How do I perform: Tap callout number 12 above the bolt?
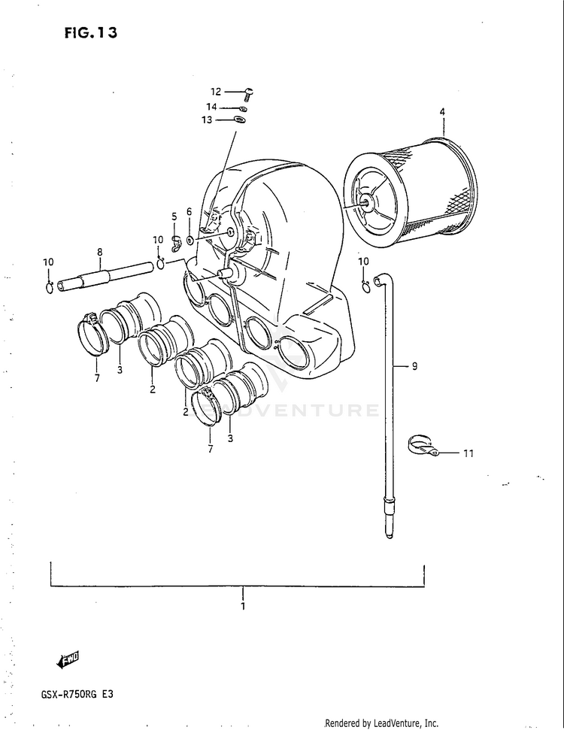point(216,92)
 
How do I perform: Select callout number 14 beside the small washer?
point(211,107)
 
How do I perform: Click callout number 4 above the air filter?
point(442,112)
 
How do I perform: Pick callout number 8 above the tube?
point(99,252)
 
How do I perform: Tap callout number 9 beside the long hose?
point(414,366)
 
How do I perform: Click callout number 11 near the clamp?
point(468,453)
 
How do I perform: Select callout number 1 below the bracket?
point(243,605)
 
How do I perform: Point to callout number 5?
point(174,217)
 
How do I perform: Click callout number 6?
point(189,212)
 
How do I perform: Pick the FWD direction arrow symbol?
point(68,659)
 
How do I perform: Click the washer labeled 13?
point(240,120)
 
